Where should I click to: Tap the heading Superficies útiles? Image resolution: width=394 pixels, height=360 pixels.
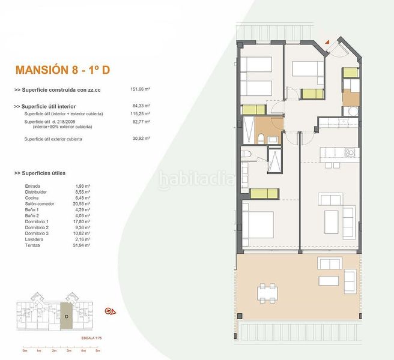(47, 173)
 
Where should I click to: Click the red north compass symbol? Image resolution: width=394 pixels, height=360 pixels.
(111, 311)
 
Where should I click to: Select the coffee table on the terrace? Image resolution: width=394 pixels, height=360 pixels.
(329, 280)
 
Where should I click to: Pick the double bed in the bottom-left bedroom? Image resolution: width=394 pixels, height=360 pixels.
(258, 227)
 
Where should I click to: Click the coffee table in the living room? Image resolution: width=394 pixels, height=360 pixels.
(332, 221)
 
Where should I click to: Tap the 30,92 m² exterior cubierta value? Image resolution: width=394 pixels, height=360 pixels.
(140, 139)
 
